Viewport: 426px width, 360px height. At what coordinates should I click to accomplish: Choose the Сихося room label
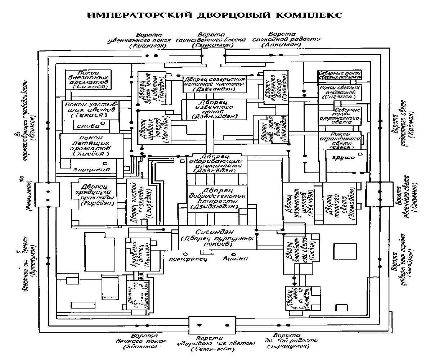(x=88, y=87)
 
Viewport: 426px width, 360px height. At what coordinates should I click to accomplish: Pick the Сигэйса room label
(x=340, y=97)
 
